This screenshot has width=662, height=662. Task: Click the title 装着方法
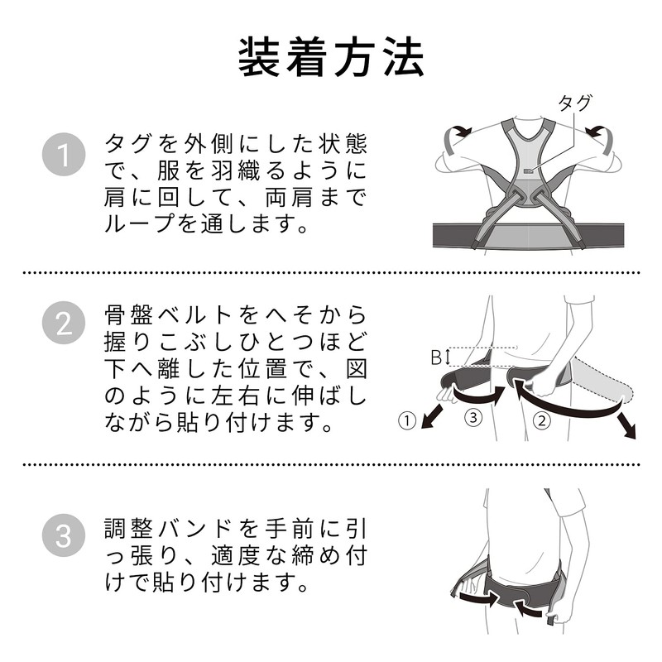coord(331,56)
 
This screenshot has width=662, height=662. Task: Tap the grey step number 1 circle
coord(64,155)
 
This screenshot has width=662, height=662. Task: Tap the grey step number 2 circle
coord(64,323)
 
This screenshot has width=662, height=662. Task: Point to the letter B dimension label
coord(436,357)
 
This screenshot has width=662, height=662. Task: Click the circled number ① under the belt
coord(406,420)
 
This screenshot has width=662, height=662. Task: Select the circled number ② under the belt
coord(542,420)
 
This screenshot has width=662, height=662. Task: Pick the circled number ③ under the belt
coord(473,418)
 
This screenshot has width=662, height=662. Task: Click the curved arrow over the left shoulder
coord(455,134)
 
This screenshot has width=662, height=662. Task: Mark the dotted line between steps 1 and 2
coord(331,272)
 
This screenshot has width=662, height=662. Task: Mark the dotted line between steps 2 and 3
coord(331,464)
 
